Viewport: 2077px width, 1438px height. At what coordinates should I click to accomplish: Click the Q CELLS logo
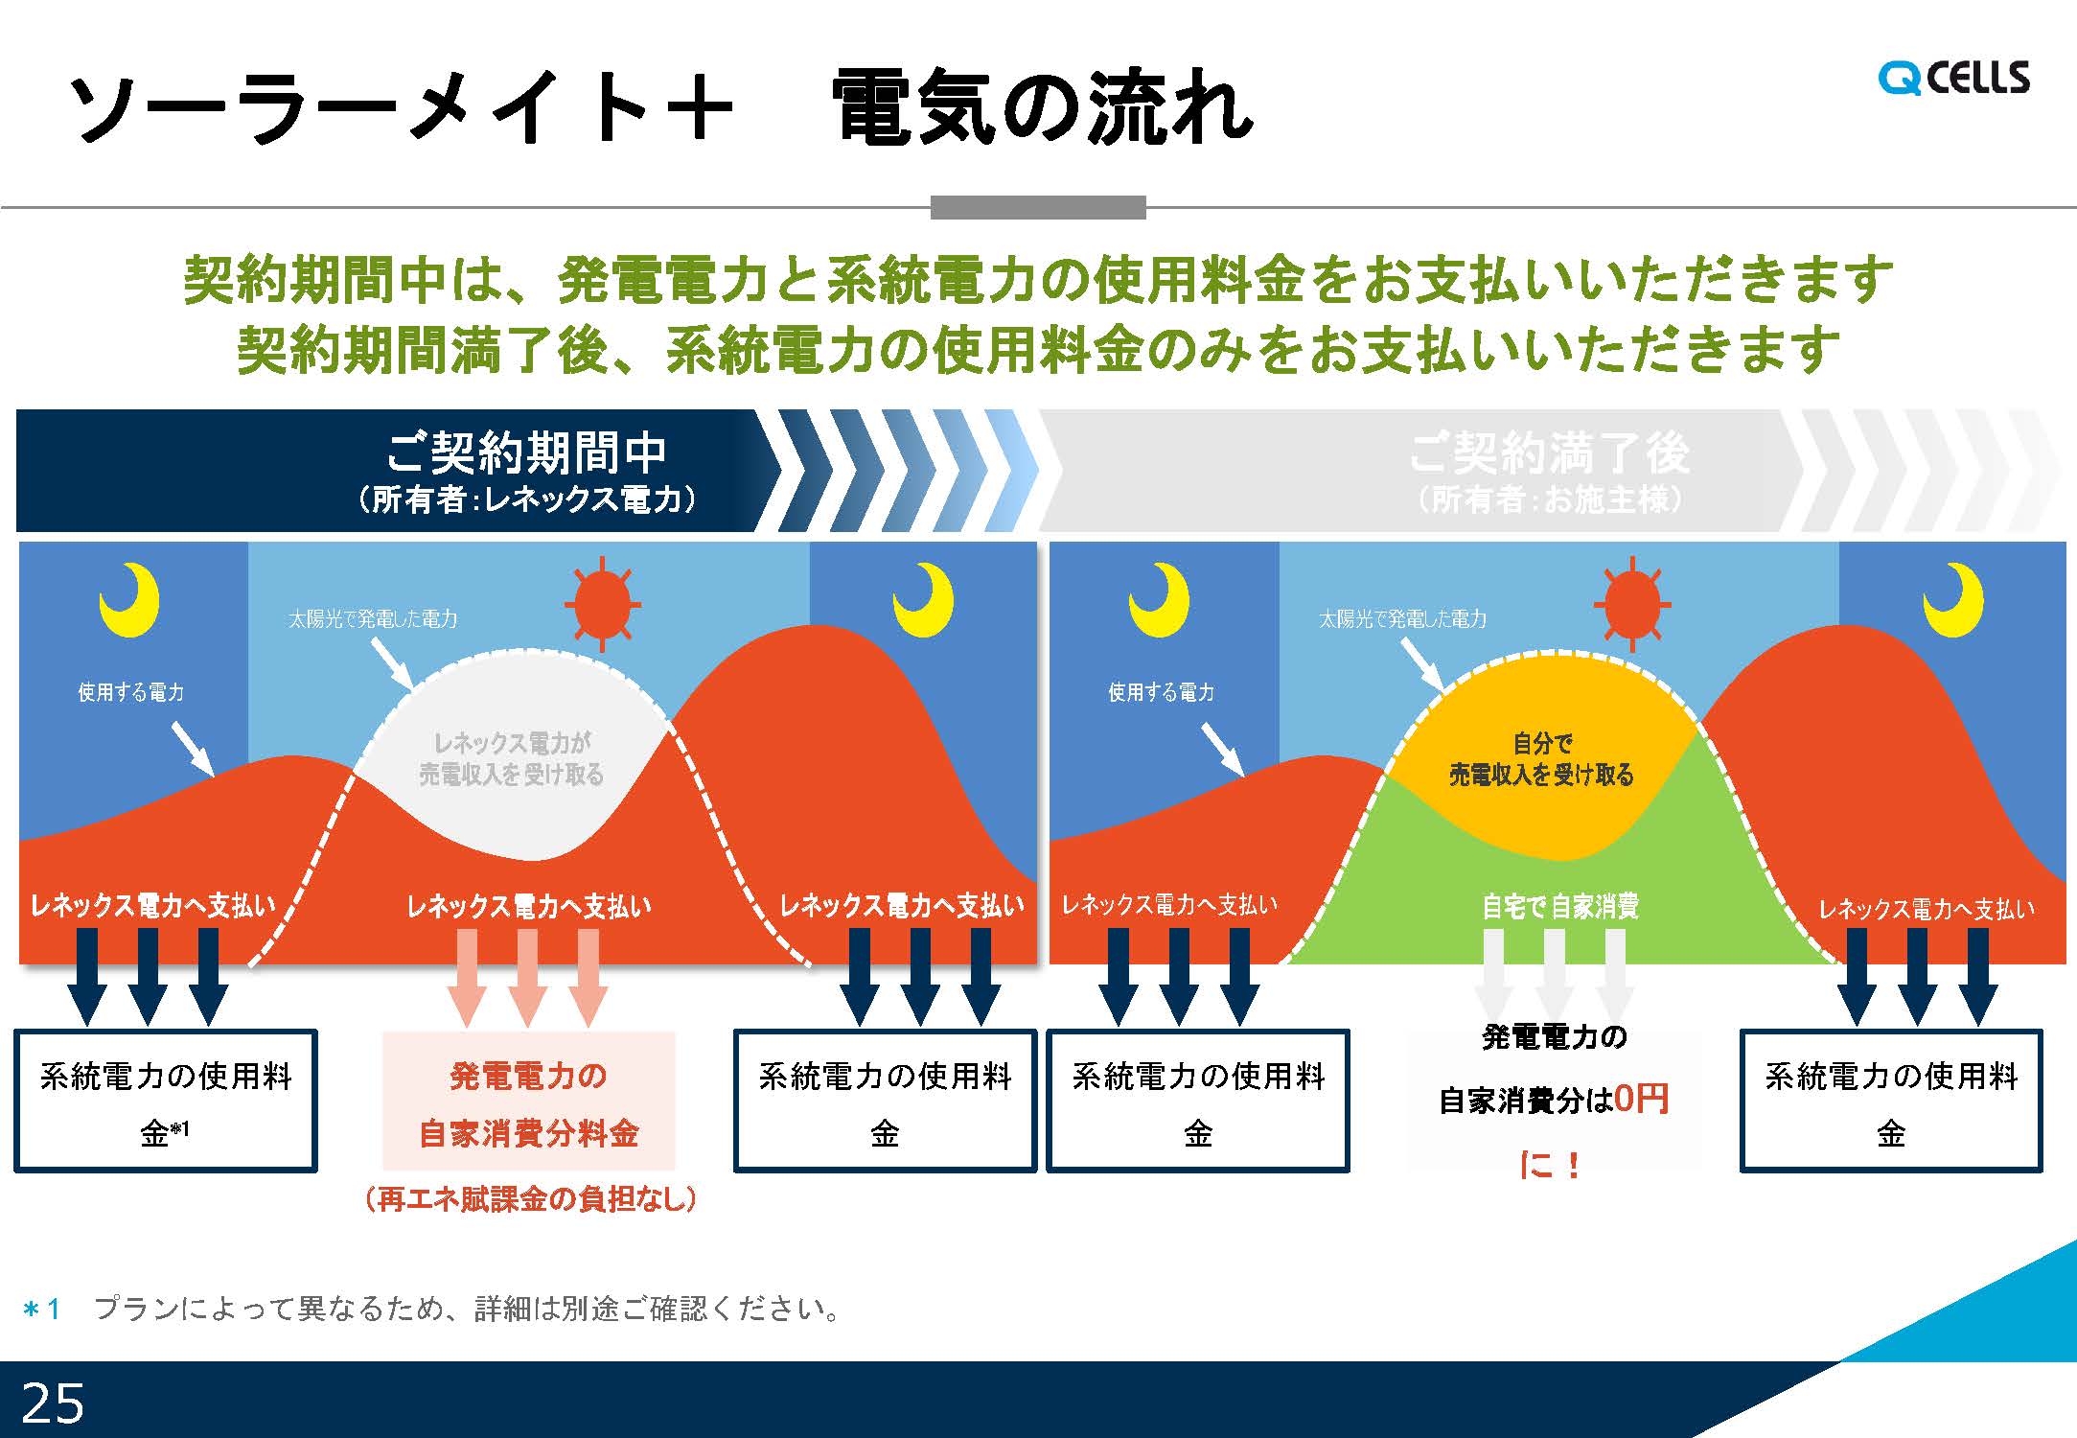pos(1953,78)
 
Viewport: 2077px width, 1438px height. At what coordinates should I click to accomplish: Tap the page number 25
pos(53,1403)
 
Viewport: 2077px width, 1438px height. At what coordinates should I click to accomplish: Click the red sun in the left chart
pos(602,605)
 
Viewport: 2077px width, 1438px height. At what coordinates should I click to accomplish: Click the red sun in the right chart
pos(1632,605)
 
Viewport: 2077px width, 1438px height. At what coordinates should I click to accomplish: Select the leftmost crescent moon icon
pos(129,600)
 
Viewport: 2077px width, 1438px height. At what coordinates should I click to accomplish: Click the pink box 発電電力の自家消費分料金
pos(529,1101)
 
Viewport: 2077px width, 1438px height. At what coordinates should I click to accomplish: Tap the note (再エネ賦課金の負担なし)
pos(530,1198)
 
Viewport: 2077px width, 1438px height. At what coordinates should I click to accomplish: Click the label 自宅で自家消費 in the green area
pos(1560,906)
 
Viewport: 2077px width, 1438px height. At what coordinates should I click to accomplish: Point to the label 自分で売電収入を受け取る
pos(1541,758)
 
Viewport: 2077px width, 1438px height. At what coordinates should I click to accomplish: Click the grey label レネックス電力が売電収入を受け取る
pos(512,758)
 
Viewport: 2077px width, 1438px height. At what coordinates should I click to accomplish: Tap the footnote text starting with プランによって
pos(467,1309)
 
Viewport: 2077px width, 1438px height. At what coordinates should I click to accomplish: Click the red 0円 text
pos(1642,1099)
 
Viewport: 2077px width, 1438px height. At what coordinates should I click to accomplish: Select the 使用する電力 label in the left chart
pos(131,692)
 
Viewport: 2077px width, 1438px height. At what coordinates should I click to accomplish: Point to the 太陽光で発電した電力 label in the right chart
pos(1402,619)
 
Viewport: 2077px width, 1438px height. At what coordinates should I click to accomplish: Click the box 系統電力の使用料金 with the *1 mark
pos(166,1102)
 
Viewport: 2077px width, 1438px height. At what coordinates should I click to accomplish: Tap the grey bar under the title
pos(1038,207)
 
